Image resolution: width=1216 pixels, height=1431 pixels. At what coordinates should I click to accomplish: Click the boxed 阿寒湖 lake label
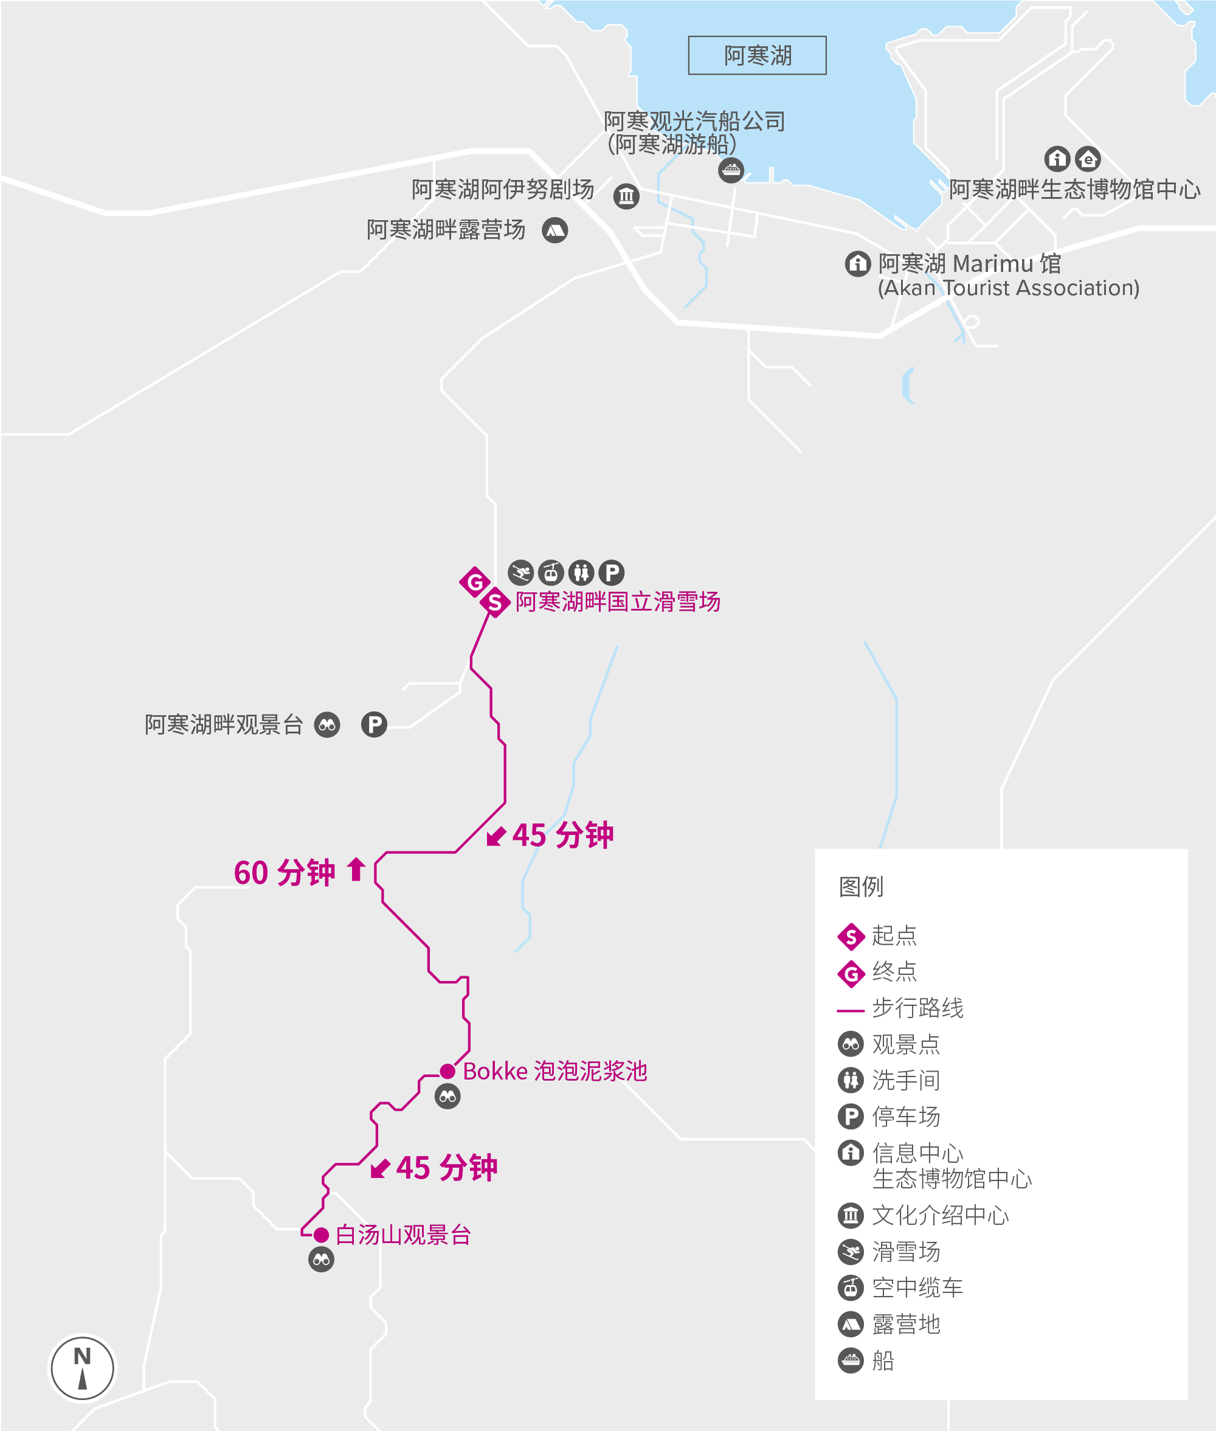pos(757,55)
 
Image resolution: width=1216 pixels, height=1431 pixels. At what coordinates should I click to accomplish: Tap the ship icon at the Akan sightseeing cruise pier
pos(731,170)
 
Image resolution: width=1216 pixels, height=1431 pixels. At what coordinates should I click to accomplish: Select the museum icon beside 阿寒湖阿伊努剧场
pos(626,196)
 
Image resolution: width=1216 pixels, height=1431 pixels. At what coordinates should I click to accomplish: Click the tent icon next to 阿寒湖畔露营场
pos(555,230)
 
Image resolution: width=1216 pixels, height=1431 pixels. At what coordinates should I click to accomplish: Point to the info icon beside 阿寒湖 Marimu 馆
pos(857,263)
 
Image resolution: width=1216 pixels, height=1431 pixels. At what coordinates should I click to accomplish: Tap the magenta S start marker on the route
pos(495,602)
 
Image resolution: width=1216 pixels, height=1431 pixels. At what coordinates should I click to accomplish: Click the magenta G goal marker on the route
pos(475,582)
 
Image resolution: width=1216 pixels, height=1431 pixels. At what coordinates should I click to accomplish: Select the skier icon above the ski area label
pos(520,572)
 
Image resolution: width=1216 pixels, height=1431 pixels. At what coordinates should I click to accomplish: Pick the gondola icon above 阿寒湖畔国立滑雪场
pos(551,572)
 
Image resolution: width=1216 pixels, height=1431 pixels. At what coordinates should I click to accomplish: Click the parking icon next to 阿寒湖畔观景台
pos(375,725)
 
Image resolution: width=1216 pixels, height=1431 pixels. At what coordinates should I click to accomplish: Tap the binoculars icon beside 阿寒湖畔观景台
pos(328,725)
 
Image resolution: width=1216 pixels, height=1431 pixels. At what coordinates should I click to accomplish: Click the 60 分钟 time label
pos(284,873)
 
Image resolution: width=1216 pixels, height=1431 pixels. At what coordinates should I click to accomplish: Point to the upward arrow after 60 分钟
pos(356,869)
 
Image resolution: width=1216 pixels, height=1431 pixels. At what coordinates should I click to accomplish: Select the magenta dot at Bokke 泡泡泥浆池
pos(447,1071)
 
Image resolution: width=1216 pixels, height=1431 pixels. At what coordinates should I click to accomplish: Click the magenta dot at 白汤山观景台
pos(320,1235)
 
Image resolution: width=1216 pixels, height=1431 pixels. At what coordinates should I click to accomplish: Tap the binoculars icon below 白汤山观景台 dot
pos(321,1260)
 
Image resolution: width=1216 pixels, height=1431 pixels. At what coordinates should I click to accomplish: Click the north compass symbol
pos(83,1368)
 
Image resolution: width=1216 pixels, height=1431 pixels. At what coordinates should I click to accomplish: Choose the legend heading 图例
pos(860,886)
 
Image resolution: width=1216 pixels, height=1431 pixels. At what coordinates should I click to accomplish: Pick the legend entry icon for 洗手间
pos(851,1080)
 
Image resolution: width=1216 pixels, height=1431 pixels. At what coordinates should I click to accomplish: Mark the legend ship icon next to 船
pos(851,1360)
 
